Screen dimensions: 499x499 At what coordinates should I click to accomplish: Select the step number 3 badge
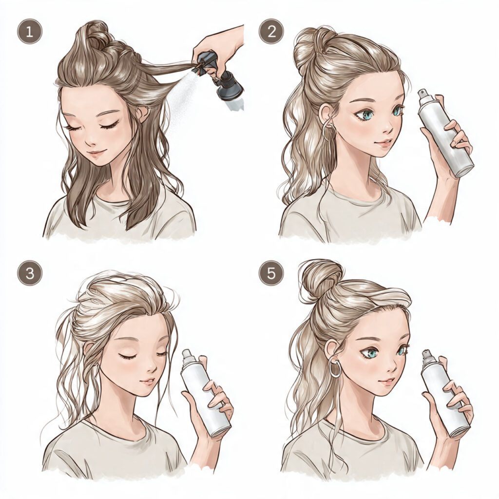30,273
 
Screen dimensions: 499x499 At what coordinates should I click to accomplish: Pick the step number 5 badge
271,273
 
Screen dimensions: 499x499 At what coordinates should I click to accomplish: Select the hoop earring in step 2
326,131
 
